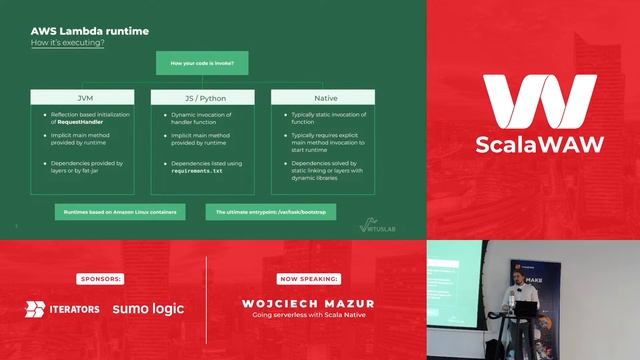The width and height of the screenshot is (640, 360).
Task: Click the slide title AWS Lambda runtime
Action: point(91,31)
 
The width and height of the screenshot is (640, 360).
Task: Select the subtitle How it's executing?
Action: point(68,44)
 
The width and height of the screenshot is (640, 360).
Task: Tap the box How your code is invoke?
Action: point(203,64)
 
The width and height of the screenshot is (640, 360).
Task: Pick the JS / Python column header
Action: point(203,98)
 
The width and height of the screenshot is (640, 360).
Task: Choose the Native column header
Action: point(323,98)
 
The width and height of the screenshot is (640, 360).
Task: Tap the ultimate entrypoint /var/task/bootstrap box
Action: point(270,212)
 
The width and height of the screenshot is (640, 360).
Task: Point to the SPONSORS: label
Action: point(99,278)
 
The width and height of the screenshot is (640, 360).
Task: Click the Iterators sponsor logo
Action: point(62,309)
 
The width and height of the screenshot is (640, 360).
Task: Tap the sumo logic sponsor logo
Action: point(148,309)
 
